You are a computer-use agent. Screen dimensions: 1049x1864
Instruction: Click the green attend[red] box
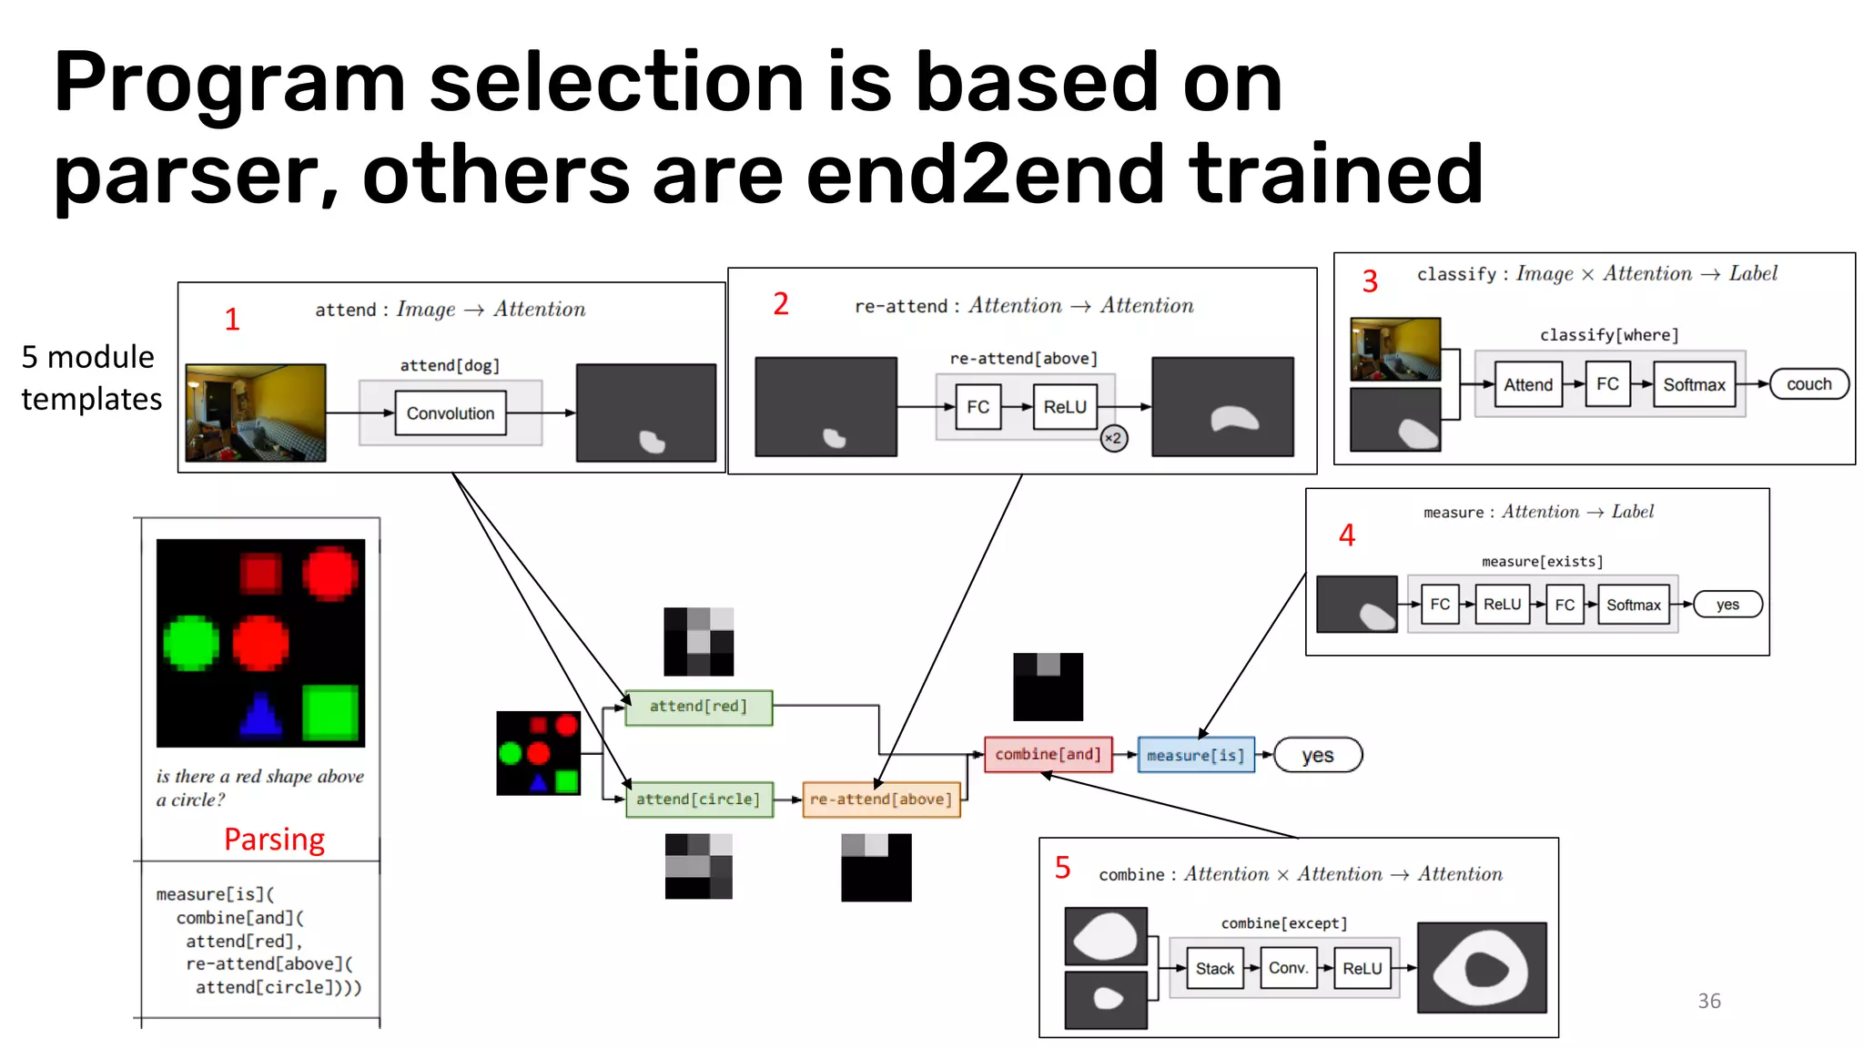pos(698,707)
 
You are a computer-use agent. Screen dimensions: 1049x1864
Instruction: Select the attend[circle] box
pos(698,799)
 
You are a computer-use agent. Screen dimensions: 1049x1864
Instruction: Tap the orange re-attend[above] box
pos(880,799)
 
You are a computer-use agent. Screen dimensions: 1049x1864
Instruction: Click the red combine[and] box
pos(1048,754)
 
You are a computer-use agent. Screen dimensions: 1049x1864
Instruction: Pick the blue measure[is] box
pos(1195,755)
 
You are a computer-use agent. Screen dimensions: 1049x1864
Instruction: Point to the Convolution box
pos(451,413)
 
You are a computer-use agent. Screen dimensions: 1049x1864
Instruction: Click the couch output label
pos(1808,384)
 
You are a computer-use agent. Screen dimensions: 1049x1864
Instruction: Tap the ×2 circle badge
pos(1113,438)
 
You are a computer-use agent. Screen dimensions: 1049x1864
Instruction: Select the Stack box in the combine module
pos(1215,969)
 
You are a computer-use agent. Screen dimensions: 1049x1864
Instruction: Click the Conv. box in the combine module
pos(1288,968)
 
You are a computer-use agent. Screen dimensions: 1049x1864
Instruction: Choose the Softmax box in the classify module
pos(1694,384)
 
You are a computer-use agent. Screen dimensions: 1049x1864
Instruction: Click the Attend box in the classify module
pos(1528,384)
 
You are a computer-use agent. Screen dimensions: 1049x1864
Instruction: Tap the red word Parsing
pos(274,839)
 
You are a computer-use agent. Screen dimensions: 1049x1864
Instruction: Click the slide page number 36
pos(1708,1001)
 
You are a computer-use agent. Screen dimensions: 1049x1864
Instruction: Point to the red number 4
pos(1347,535)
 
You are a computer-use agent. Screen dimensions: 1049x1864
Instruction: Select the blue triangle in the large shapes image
pos(260,714)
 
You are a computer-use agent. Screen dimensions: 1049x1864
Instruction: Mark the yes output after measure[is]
pos(1317,755)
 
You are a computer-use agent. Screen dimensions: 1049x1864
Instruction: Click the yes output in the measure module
pos(1727,605)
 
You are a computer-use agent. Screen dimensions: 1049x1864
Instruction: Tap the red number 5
pos(1062,867)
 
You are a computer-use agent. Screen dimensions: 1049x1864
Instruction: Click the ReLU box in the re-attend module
pos(1065,407)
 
